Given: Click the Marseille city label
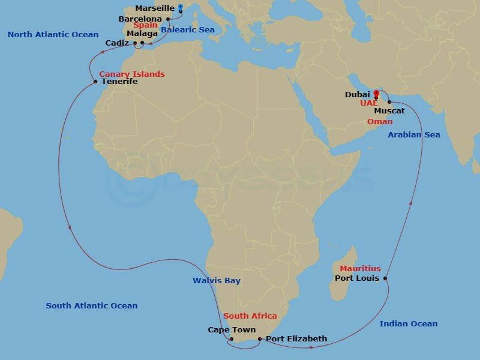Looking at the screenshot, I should tap(155, 8).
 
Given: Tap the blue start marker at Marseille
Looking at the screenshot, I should tap(181, 8).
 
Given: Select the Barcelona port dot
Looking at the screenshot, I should tap(168, 19).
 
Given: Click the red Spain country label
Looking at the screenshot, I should tap(145, 25).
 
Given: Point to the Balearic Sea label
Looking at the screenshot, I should tap(188, 30).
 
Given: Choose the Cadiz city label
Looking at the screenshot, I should tap(116, 43).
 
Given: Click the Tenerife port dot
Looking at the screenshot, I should tap(95, 82).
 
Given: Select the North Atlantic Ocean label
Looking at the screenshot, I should tap(53, 35).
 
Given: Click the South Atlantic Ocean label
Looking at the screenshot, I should tap(92, 306).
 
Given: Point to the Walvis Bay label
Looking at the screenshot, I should tap(217, 281).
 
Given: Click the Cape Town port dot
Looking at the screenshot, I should tap(232, 339).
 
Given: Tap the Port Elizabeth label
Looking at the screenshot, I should tap(296, 339).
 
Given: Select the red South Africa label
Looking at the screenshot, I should tap(250, 316).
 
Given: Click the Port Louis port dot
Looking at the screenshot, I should tap(385, 278).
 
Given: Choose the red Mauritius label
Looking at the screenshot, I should tap(360, 269).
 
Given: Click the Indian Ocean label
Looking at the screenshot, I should tap(409, 324).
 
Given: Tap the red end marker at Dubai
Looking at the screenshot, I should tap(376, 94).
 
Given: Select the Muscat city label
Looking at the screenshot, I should tap(389, 111).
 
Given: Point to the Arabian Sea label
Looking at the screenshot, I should tap(413, 135).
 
